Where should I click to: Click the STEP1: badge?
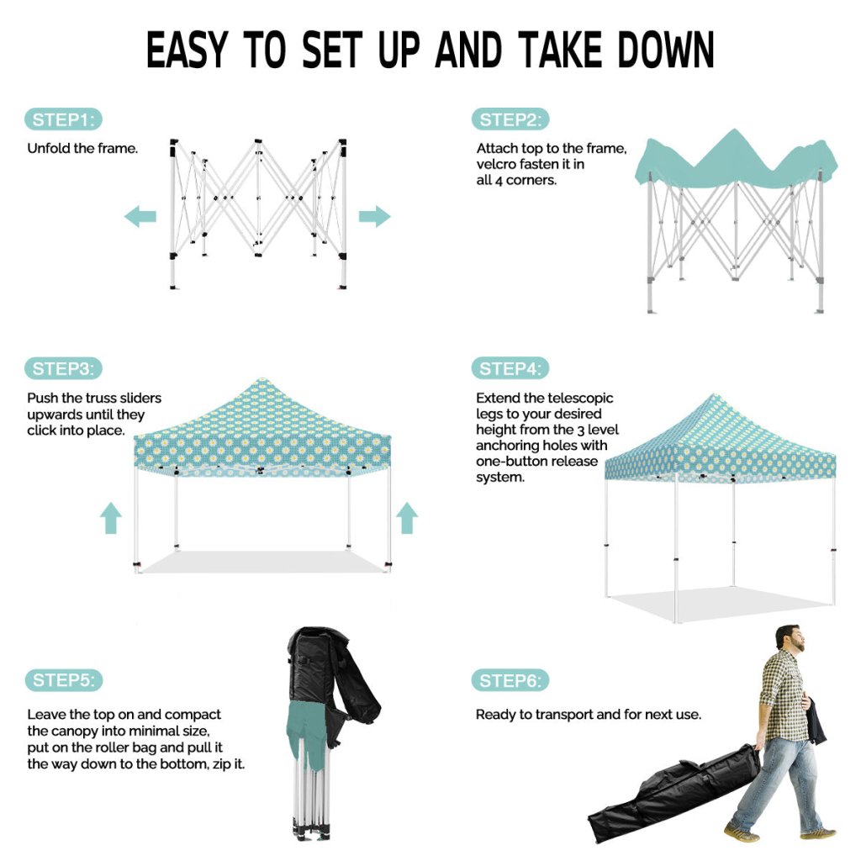[x=64, y=119]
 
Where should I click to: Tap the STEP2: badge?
[x=510, y=119]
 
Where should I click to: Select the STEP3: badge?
[x=64, y=368]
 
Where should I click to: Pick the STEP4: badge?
[x=510, y=368]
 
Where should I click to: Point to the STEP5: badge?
[x=64, y=680]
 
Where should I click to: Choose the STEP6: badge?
[x=510, y=681]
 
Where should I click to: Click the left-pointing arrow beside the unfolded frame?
[x=140, y=216]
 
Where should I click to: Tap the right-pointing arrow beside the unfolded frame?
[x=374, y=216]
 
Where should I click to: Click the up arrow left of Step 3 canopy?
[x=111, y=518]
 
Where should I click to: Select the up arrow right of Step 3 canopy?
[x=407, y=518]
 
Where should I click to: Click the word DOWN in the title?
[x=665, y=50]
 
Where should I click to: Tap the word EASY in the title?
[x=187, y=50]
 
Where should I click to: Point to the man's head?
[x=790, y=639]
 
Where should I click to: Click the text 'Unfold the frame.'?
[x=82, y=148]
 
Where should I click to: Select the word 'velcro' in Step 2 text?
[x=496, y=164]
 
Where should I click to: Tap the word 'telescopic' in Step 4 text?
[x=580, y=398]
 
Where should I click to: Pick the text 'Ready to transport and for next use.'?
[x=588, y=715]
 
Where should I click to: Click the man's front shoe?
[x=742, y=832]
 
